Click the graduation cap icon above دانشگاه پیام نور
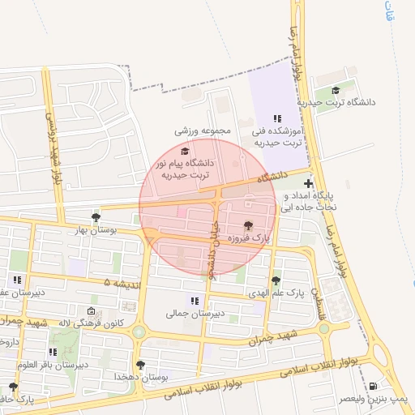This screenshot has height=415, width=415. point(185,152)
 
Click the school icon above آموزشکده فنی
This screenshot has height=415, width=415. point(277,118)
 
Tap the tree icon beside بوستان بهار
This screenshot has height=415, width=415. point(96,217)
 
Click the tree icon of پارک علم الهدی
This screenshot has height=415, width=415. point(276,280)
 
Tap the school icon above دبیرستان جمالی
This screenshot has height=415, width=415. point(193,301)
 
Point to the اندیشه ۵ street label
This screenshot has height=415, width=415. point(117,282)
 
